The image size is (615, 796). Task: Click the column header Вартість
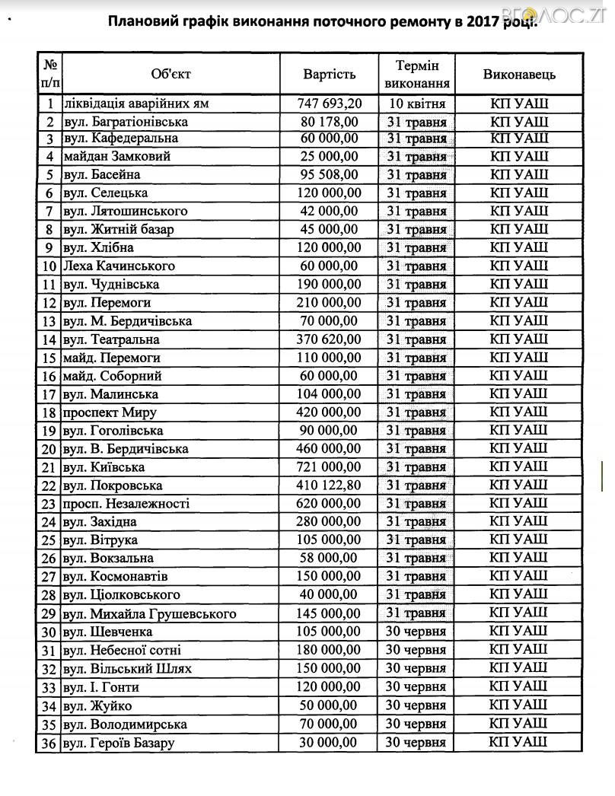pyautogui.click(x=330, y=74)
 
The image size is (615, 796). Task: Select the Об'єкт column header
pyautogui.click(x=170, y=74)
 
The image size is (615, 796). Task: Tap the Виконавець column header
pyautogui.click(x=519, y=74)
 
